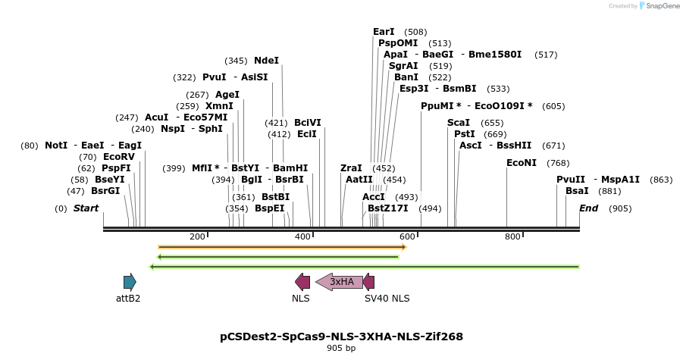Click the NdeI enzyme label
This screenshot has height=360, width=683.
(266, 61)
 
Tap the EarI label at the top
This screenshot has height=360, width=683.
(384, 32)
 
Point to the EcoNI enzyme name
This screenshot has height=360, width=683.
(522, 163)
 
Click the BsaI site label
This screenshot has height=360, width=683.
(577, 191)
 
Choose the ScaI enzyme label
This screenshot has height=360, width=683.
(459, 123)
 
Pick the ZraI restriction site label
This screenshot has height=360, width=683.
(351, 168)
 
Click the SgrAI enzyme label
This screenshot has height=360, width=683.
(403, 66)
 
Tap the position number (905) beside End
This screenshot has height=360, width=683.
(620, 208)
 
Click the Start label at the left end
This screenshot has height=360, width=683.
(86, 208)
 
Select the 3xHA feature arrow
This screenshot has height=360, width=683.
(339, 282)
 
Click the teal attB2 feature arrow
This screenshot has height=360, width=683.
(130, 282)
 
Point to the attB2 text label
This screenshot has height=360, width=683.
(128, 299)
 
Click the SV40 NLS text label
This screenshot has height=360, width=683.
(387, 299)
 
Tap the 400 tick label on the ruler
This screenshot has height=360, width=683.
(302, 237)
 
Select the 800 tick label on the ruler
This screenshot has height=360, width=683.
(512, 237)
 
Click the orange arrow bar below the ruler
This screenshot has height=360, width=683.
(282, 247)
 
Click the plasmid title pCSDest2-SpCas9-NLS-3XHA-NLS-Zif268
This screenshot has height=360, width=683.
(341, 336)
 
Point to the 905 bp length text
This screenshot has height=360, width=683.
(341, 349)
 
